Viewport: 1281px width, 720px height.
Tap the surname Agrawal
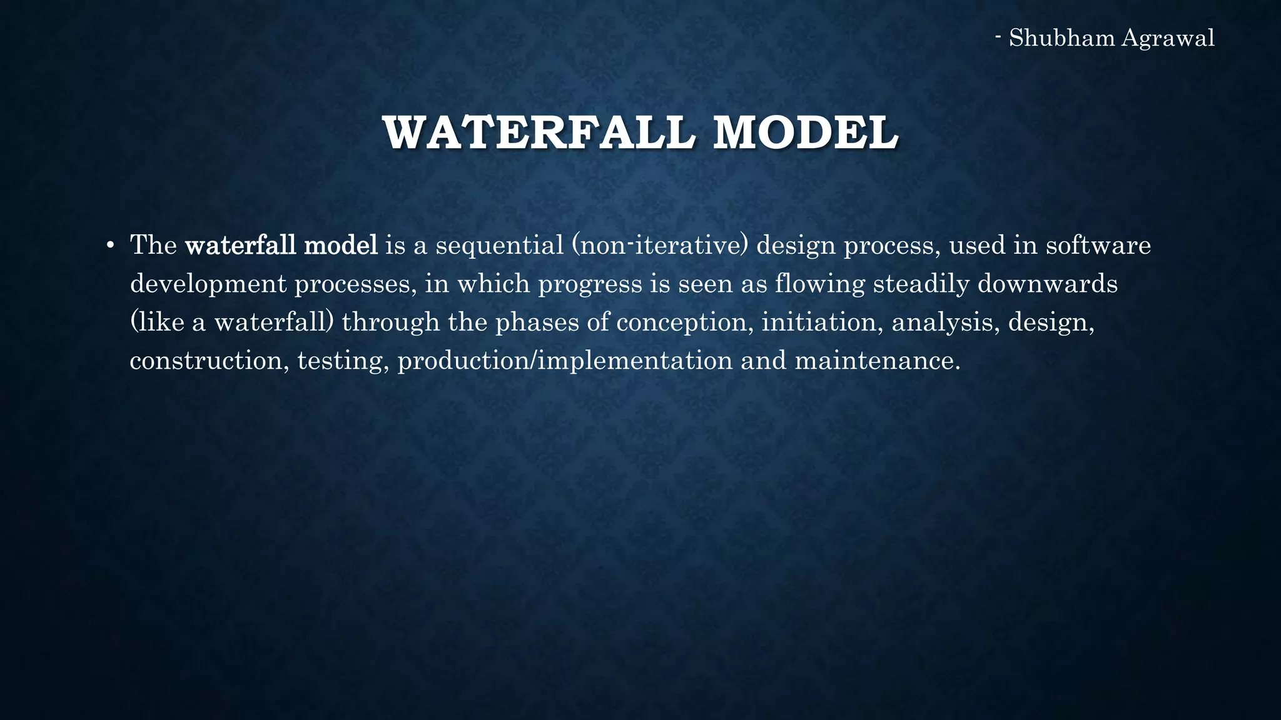pos(1167,38)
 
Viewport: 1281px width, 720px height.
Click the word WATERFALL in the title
pos(539,132)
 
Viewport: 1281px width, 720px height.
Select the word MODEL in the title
pos(805,132)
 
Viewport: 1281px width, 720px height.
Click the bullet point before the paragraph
pos(109,245)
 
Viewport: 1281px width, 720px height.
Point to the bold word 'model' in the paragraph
pos(340,245)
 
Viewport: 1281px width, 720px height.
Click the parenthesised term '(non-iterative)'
pos(659,246)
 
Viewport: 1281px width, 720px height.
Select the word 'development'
pos(208,284)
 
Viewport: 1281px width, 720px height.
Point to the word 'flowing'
pos(819,284)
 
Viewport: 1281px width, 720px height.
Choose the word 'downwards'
pos(1047,284)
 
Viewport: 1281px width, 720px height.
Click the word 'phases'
pos(537,322)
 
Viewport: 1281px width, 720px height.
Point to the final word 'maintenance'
pos(876,361)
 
